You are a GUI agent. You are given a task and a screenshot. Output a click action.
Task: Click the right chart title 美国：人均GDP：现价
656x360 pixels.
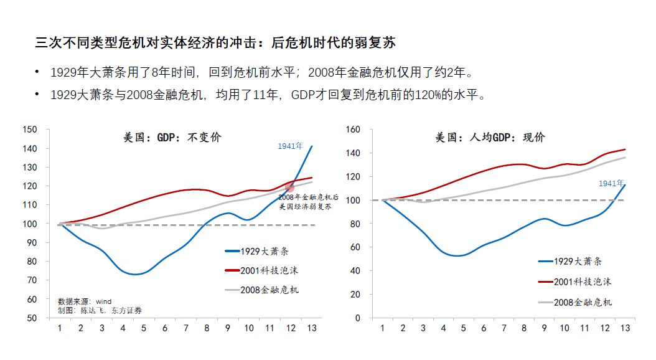coord(490,137)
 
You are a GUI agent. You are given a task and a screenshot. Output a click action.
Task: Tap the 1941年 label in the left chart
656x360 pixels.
coord(290,146)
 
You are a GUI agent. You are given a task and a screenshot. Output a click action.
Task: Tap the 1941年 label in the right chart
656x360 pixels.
coord(611,183)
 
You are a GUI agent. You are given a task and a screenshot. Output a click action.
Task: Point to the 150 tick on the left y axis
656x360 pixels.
coord(47,130)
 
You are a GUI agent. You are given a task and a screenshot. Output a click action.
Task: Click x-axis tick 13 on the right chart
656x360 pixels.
coord(624,328)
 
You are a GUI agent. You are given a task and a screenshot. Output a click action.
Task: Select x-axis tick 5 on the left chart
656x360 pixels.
coord(144,328)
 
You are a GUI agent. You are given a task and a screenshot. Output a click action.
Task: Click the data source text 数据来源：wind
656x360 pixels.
coord(85,301)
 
